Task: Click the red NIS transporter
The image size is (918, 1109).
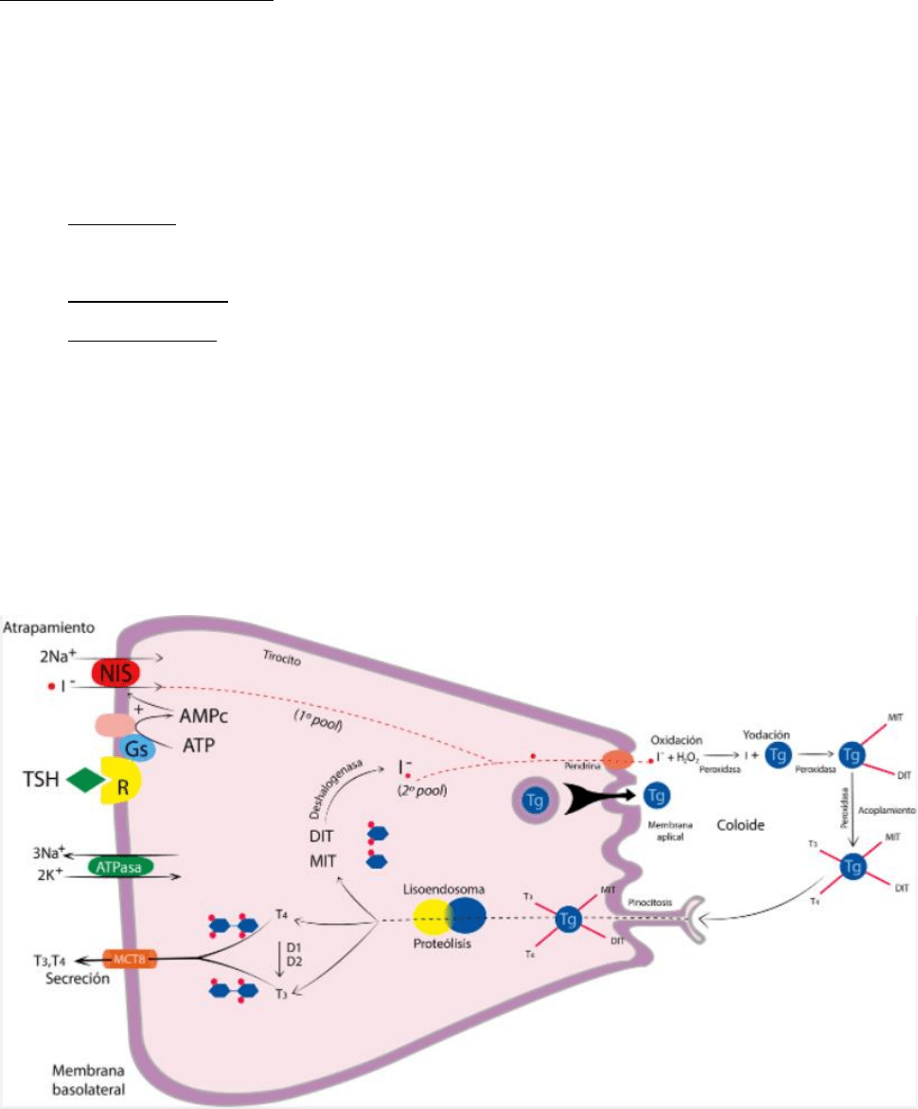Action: pyautogui.click(x=115, y=674)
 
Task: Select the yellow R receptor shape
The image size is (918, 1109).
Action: pyautogui.click(x=119, y=779)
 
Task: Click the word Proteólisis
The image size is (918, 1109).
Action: pyautogui.click(x=450, y=942)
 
